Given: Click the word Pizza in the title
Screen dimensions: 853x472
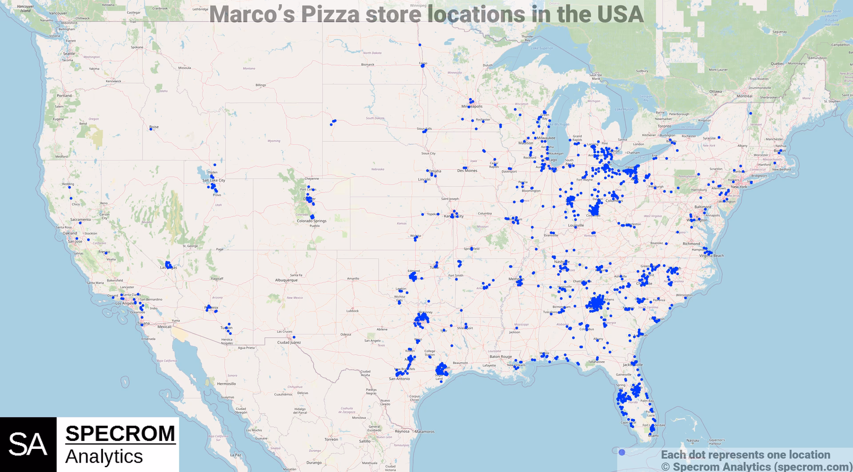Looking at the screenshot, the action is [x=330, y=14].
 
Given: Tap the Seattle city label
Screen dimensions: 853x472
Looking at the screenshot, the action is [x=69, y=54].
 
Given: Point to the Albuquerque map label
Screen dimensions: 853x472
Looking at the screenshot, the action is [x=286, y=280].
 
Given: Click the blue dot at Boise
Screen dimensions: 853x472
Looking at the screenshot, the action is [x=151, y=129].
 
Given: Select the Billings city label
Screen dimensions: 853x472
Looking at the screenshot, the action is [x=261, y=85].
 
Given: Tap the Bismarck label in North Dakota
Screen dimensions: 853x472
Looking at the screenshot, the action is [x=367, y=64].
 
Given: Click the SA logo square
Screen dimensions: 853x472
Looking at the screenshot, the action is [x=28, y=444].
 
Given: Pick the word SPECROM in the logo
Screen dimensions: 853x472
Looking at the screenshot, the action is [x=120, y=434].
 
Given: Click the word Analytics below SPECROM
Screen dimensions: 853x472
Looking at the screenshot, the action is [x=104, y=457].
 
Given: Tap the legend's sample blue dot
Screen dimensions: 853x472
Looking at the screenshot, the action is [x=622, y=452].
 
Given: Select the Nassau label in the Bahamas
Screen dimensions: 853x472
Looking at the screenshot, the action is [x=693, y=440].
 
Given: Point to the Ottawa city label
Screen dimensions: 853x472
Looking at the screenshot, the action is [x=715, y=92].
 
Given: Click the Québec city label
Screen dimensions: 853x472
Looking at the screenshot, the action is [x=777, y=64].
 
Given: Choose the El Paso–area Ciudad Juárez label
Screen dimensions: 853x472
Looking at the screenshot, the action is [x=289, y=342].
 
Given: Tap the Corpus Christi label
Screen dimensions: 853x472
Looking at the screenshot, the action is [x=415, y=398].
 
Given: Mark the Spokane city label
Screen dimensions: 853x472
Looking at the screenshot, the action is [x=137, y=47].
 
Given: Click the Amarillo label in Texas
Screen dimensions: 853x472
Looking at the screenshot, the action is [x=353, y=279].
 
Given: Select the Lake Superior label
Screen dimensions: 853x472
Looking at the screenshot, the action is [x=542, y=48].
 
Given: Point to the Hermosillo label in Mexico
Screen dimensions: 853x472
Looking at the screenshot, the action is [x=227, y=384].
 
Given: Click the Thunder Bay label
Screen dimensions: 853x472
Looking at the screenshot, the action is [x=527, y=38].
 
